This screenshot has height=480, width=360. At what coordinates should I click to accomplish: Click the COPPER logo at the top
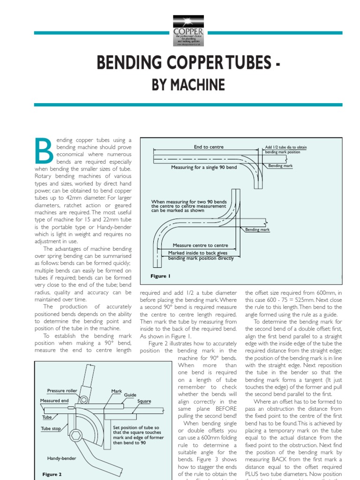[x=188, y=30]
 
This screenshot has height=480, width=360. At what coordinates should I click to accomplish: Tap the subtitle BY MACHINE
[x=187, y=85]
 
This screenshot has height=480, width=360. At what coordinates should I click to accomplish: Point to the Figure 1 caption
[x=160, y=276]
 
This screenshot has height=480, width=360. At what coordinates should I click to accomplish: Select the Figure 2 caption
[x=52, y=474]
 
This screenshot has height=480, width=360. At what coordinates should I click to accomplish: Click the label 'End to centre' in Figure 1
[x=209, y=147]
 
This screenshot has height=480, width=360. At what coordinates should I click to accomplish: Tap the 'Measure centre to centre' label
[x=200, y=245]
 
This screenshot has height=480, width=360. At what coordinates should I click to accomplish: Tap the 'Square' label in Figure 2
[x=144, y=402]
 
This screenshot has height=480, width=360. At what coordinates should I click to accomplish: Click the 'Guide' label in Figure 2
[x=130, y=395]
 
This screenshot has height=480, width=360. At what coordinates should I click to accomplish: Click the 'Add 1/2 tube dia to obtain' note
[x=286, y=147]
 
